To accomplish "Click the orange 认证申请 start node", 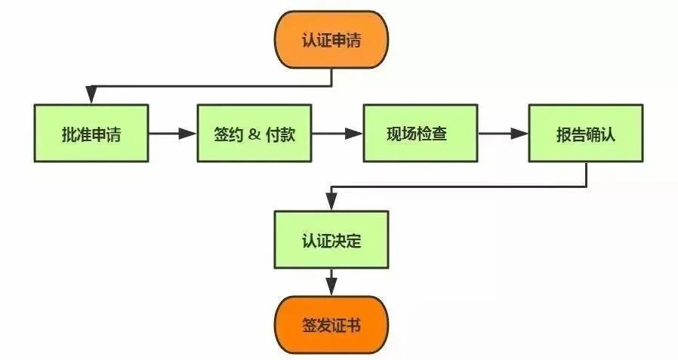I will tap(331, 39).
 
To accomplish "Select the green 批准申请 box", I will tap(91, 134).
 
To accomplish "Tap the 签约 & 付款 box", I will tap(254, 134).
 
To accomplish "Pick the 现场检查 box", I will tap(421, 134).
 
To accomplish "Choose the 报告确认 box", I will tap(586, 134).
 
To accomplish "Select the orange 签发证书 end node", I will tap(331, 325).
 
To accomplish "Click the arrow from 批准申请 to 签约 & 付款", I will tap(172, 134).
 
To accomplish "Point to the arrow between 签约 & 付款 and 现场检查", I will tap(337, 134).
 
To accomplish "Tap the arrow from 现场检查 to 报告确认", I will tap(503, 134).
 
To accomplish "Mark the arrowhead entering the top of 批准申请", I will tap(91, 96).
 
